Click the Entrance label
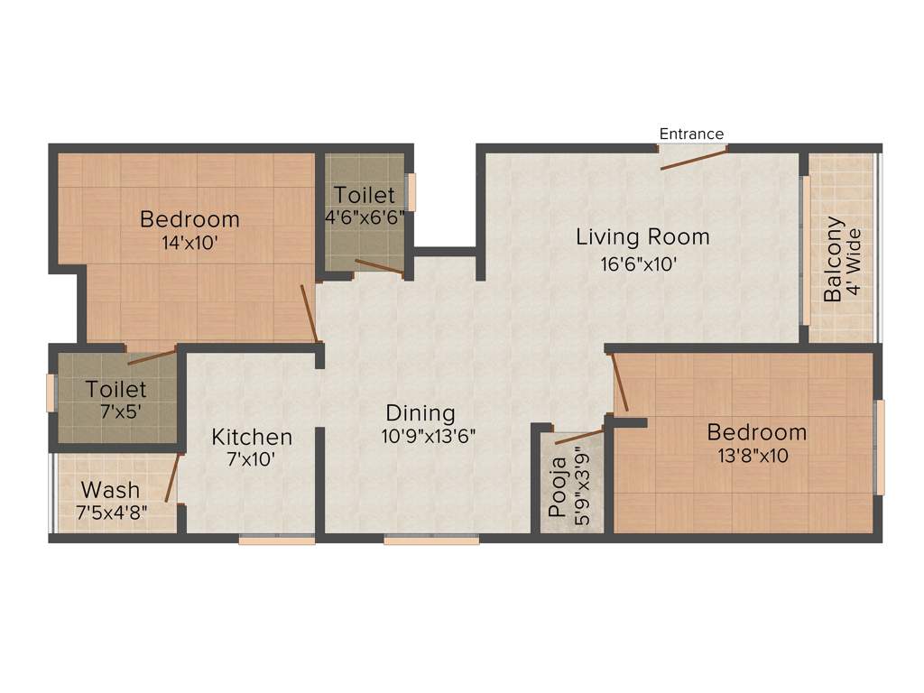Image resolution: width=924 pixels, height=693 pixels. [x=691, y=134]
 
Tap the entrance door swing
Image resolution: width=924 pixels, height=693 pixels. [x=693, y=159]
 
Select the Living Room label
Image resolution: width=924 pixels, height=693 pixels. [x=642, y=237]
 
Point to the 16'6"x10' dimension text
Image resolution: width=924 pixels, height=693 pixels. [x=640, y=264]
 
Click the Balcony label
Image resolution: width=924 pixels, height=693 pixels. [x=834, y=259]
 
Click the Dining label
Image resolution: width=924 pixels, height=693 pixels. [x=420, y=413]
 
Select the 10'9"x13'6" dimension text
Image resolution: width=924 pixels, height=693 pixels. [x=428, y=435]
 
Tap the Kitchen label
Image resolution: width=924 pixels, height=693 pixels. [x=252, y=437]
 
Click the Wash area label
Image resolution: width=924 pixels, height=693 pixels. [x=110, y=490]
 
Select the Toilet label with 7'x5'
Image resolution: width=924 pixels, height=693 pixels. [x=115, y=390]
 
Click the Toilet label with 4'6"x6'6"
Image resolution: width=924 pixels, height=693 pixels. [x=364, y=195]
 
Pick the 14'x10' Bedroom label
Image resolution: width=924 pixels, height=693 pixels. [x=189, y=219]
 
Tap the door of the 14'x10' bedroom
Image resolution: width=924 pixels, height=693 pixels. [x=309, y=312]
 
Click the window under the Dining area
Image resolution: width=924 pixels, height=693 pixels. [x=430, y=541]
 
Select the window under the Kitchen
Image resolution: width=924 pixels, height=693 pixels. [x=277, y=541]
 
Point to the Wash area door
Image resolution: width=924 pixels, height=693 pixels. [x=171, y=477]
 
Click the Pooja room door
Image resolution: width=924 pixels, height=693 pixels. [x=578, y=438]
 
